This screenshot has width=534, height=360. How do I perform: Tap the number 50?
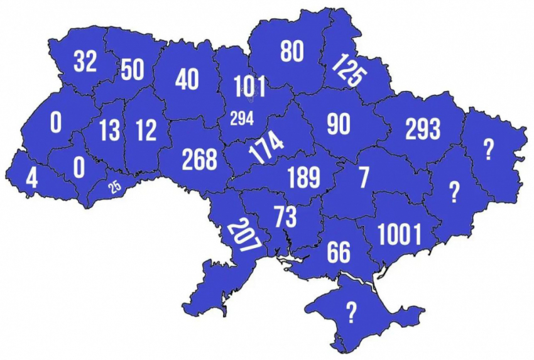pos(133,70)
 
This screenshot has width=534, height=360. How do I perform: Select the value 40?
pos(187,80)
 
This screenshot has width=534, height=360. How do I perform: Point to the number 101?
pos(249,87)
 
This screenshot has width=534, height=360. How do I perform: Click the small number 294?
pos(242,117)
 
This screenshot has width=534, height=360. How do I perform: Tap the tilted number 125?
pos(348,71)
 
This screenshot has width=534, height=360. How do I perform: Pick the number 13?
pos(109,131)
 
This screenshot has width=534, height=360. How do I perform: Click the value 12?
pos(146,131)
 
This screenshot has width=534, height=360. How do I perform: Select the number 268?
pos(199,160)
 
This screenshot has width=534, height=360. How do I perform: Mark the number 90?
pos(338,125)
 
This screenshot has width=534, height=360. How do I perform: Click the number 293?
pos(423,129)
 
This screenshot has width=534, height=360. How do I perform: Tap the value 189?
pos(303,178)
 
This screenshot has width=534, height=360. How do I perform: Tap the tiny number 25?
pos(114,187)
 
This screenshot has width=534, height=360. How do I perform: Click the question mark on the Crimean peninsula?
pos(351,310)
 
